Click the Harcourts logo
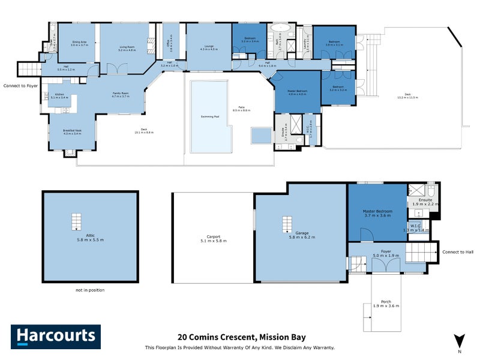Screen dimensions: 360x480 [x=56, y=336]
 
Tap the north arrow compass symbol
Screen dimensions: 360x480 [x=458, y=341]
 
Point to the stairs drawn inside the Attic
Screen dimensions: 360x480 [x=76, y=221]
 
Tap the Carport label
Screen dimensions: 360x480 [x=213, y=238]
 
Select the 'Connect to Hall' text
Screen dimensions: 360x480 [x=458, y=251]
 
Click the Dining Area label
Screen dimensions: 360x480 [x=79, y=43]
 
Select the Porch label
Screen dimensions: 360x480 [x=382, y=303]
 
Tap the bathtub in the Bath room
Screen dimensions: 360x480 [x=280, y=28]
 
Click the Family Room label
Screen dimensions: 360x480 [x=121, y=94]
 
